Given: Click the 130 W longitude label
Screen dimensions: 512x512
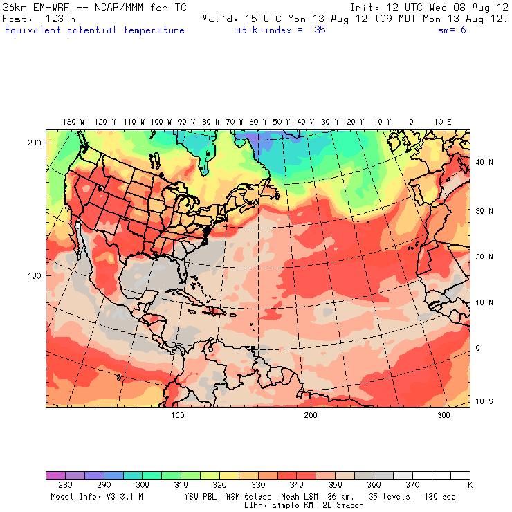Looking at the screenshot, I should [x=69, y=122].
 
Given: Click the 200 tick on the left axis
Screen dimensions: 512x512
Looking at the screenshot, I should [x=34, y=143].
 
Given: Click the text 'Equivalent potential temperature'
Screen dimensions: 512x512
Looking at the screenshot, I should [x=95, y=30].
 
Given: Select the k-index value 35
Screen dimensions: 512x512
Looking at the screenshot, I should [x=319, y=30].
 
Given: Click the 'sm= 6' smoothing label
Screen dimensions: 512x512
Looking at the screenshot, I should [x=452, y=30].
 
